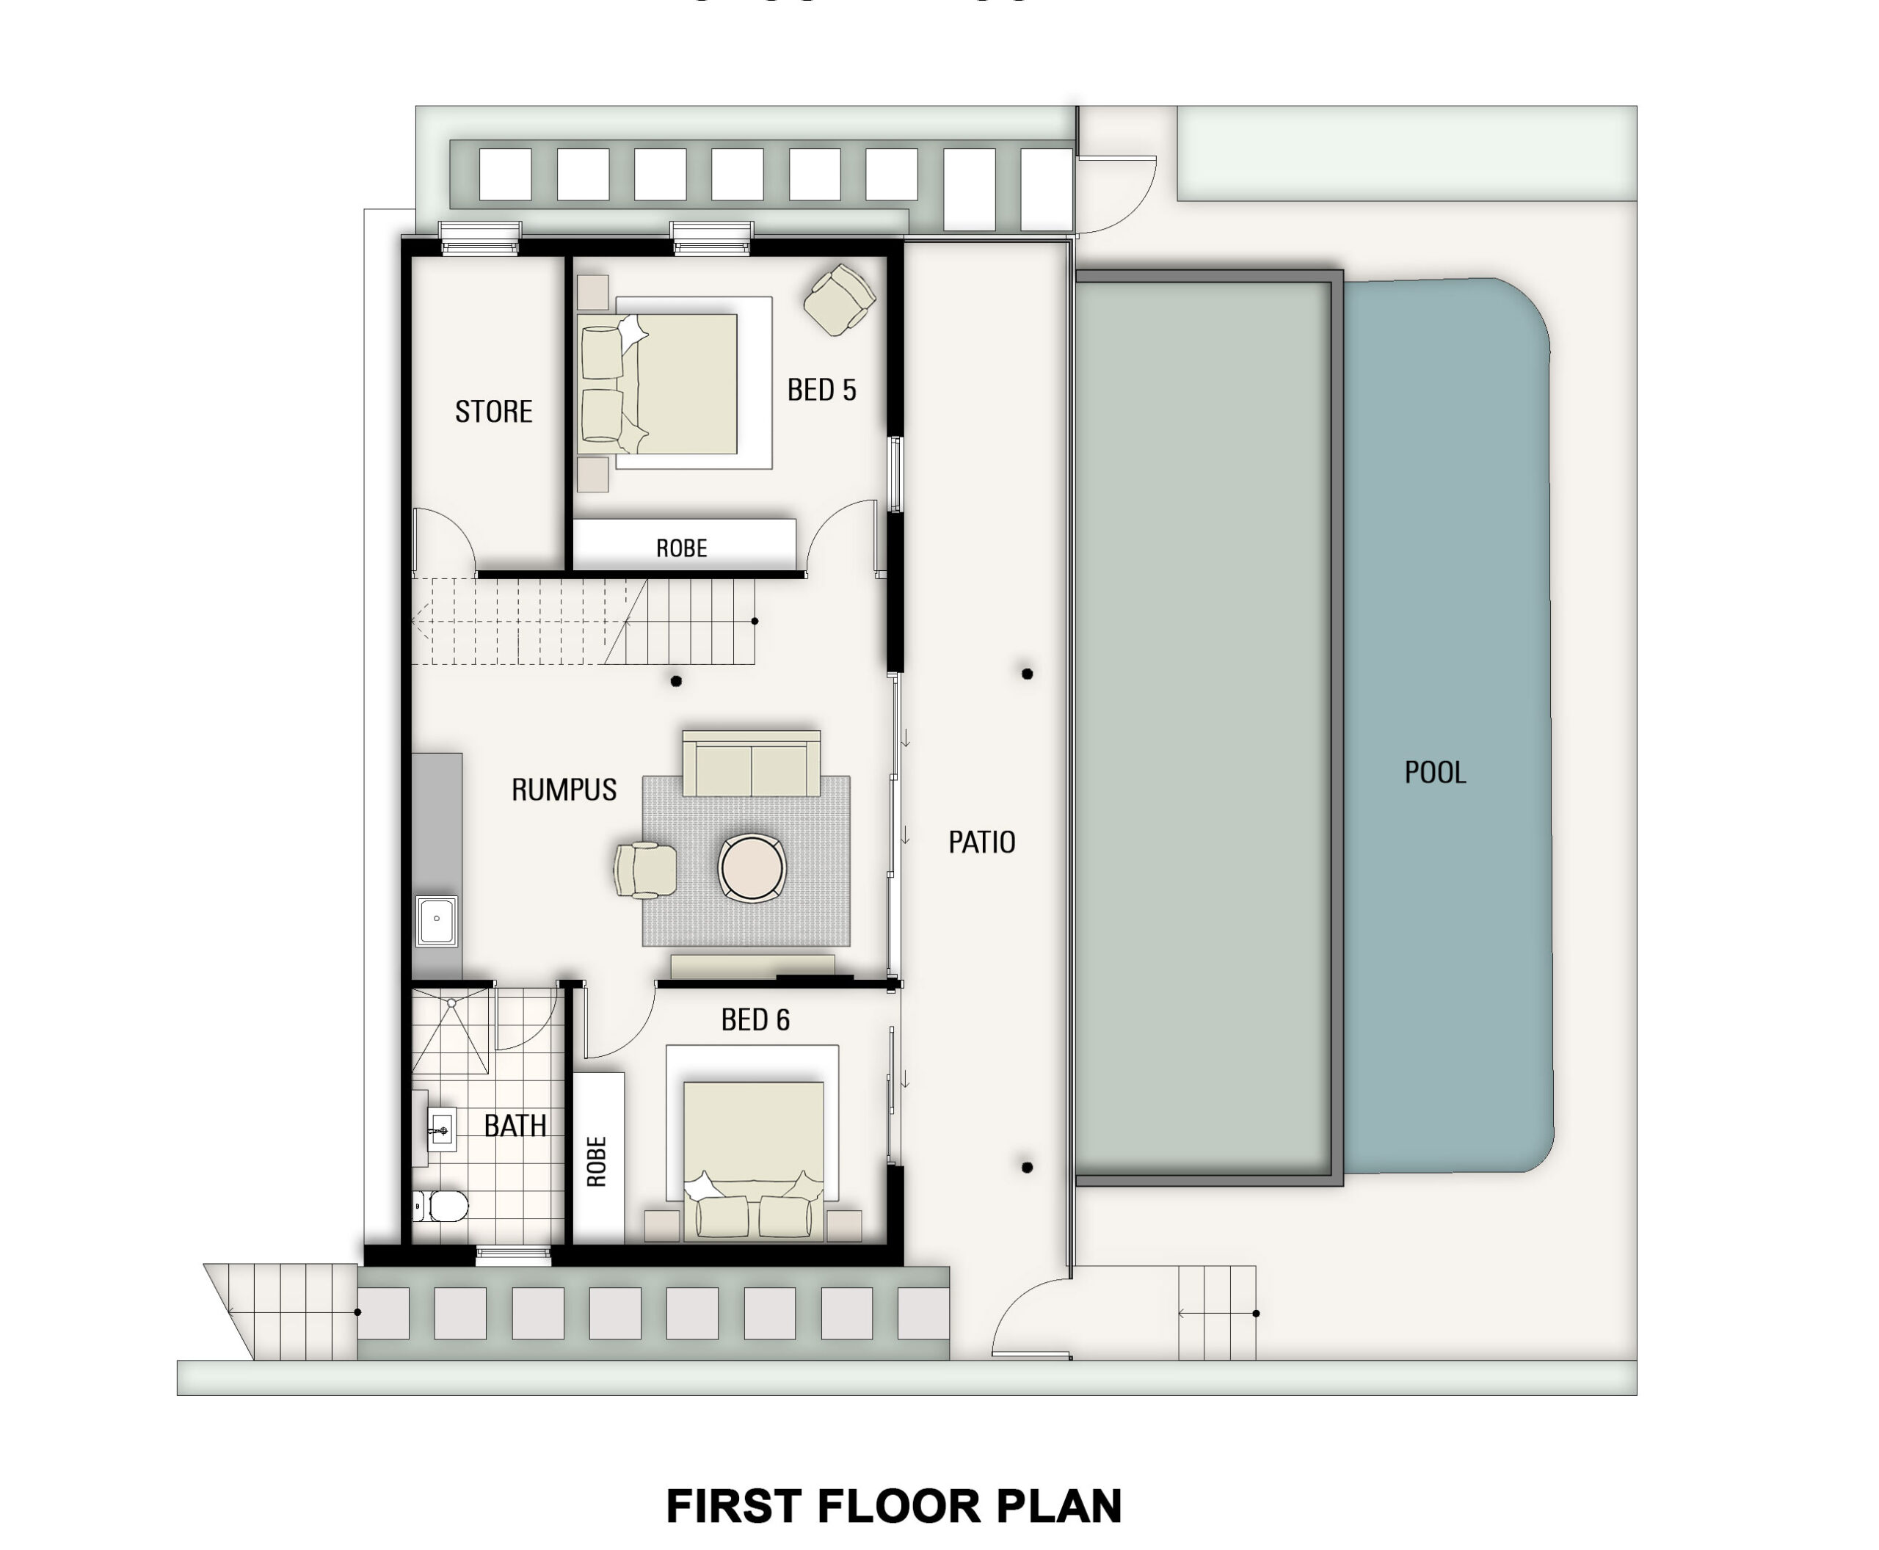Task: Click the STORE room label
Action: point(493,412)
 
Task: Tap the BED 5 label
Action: point(821,390)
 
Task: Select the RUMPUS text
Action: point(564,789)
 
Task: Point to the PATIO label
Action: point(981,842)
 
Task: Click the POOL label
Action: point(1434,772)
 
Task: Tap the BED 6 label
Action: point(755,1019)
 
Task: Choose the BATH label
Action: point(515,1126)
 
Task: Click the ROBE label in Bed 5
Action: point(681,548)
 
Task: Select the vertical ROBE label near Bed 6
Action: point(597,1161)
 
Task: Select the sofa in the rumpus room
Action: point(751,764)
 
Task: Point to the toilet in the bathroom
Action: point(441,1207)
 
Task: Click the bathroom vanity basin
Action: point(440,1130)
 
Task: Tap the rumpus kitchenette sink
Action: point(437,920)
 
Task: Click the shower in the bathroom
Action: point(451,1031)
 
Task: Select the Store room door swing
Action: point(442,539)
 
